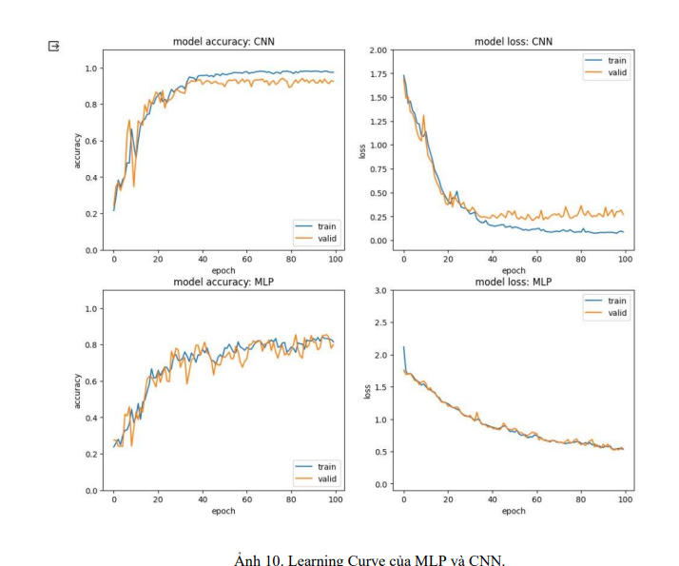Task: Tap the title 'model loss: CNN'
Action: click(x=514, y=41)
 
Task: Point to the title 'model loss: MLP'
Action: click(x=514, y=282)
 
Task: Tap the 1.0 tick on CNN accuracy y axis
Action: click(x=93, y=68)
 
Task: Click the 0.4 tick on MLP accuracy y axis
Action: click(x=93, y=418)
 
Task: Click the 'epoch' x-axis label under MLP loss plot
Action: click(x=514, y=511)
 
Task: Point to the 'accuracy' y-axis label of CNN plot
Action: click(x=77, y=149)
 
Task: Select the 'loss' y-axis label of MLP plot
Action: click(x=367, y=390)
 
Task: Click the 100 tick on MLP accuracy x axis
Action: click(x=335, y=498)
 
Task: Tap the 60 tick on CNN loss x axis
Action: click(x=536, y=258)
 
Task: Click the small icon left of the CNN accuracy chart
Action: click(x=54, y=46)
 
